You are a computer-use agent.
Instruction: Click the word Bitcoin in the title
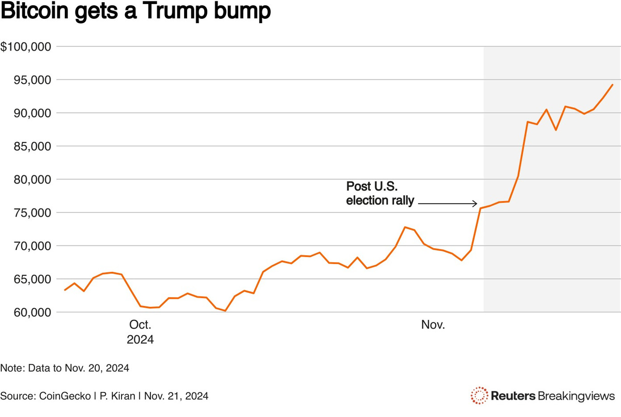click(x=35, y=11)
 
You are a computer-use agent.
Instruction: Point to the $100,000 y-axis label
click(x=26, y=46)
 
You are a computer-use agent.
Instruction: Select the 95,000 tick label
click(x=32, y=80)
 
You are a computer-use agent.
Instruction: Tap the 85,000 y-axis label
click(x=32, y=146)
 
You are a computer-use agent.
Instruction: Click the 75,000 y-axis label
click(x=32, y=213)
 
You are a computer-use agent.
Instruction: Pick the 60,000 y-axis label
click(x=32, y=313)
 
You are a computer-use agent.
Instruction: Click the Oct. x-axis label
click(x=140, y=325)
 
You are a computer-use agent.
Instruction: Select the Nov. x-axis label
click(x=433, y=325)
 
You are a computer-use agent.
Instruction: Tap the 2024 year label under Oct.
click(x=140, y=340)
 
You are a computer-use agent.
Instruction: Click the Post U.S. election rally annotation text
click(x=380, y=193)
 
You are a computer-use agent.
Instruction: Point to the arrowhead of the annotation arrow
click(x=475, y=204)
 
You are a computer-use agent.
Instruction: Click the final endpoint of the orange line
click(x=613, y=84)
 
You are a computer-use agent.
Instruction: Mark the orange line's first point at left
click(x=65, y=290)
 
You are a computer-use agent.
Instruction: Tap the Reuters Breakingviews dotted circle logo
click(x=479, y=396)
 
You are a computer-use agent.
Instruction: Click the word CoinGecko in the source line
click(x=65, y=396)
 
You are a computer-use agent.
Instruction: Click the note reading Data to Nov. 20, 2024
click(x=65, y=368)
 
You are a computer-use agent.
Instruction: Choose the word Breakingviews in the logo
click(x=576, y=396)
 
